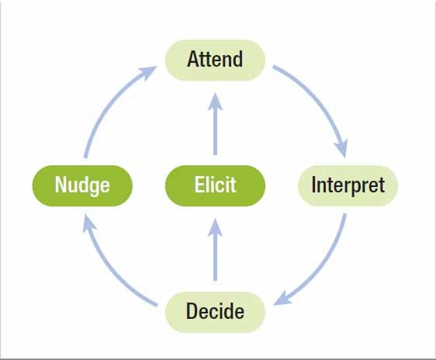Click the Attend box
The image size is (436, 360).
(x=216, y=59)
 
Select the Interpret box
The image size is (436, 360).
(x=348, y=185)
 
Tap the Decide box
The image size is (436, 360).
(x=216, y=312)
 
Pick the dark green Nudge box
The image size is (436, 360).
(x=82, y=185)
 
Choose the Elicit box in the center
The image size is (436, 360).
(x=216, y=185)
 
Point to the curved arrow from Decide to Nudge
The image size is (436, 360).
(x=116, y=272)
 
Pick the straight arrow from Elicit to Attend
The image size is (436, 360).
(x=216, y=124)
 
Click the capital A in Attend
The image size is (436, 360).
(x=193, y=59)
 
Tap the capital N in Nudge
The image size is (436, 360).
(x=61, y=185)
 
